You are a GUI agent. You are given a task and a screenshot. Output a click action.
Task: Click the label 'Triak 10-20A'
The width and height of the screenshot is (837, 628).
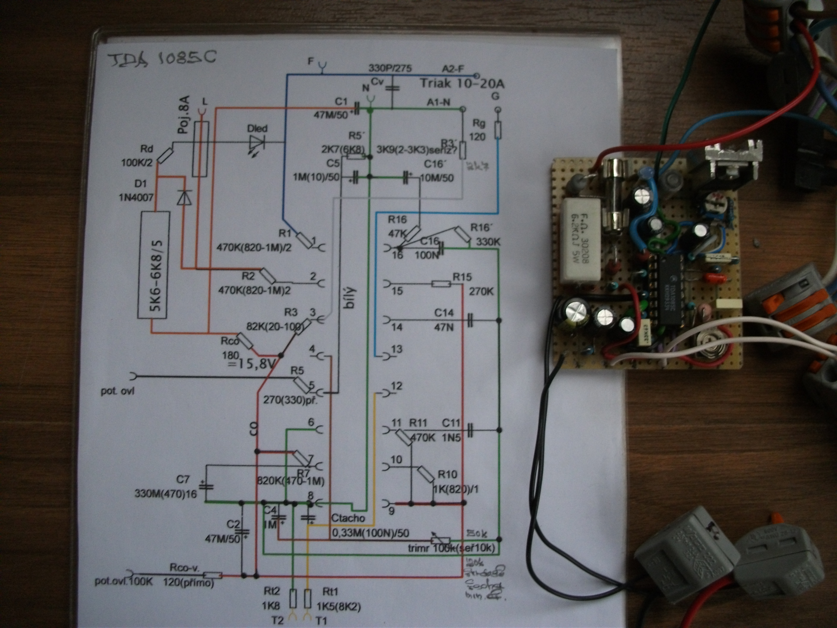click(x=462, y=83)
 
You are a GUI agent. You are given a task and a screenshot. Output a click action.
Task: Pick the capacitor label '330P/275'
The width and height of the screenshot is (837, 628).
click(x=390, y=68)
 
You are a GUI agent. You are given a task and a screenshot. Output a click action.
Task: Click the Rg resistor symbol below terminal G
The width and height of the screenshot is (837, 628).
click(x=498, y=131)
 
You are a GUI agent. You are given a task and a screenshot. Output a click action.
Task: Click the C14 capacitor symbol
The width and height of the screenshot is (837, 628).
click(x=470, y=320)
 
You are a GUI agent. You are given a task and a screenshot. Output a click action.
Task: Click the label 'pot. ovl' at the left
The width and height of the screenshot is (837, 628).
click(x=117, y=391)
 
